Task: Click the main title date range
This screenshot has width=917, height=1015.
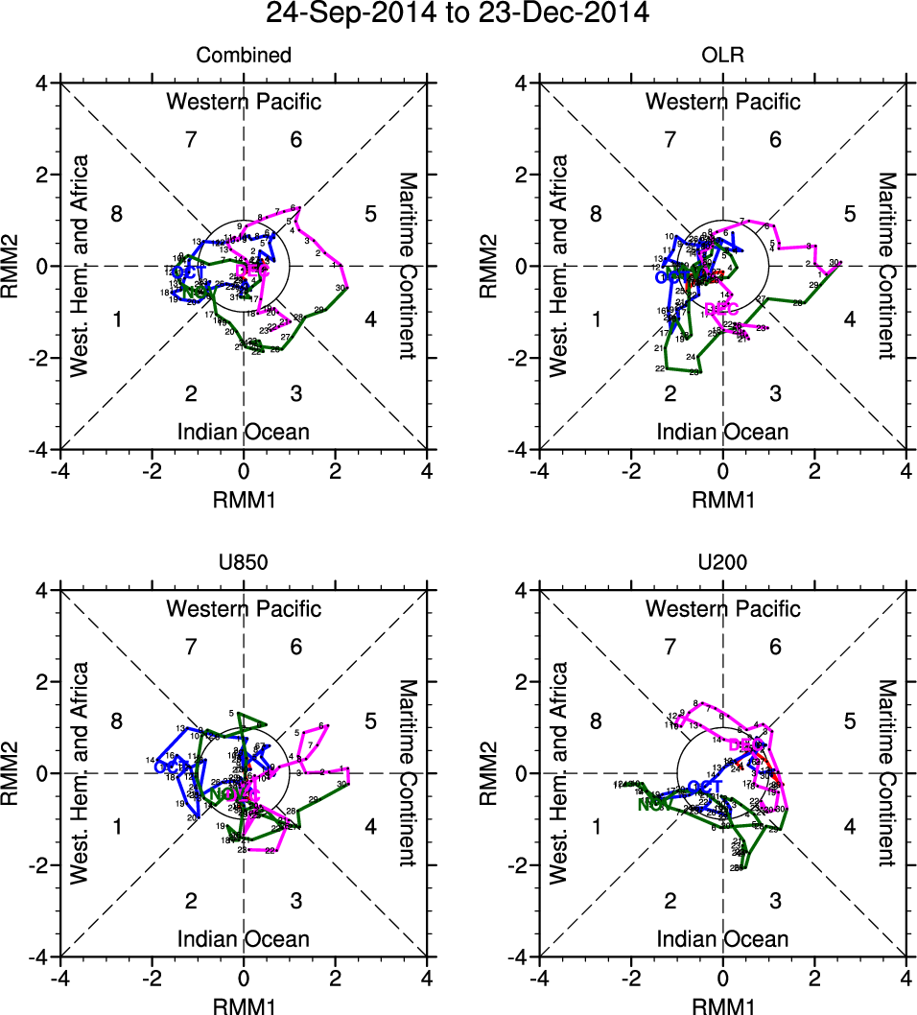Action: coord(458,14)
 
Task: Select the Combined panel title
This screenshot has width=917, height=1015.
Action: coord(244,56)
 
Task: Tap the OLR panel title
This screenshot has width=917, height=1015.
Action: coord(723,56)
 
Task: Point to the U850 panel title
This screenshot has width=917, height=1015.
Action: coord(244,563)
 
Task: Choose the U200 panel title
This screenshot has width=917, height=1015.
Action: coord(723,563)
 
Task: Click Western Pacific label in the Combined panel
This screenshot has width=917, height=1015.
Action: coord(244,102)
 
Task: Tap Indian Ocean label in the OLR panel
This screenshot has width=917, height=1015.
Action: coord(723,432)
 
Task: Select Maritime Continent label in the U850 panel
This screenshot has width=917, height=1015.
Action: coord(406,773)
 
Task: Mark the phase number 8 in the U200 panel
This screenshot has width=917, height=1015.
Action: coord(596,721)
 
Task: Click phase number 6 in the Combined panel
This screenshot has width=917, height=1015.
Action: coord(296,140)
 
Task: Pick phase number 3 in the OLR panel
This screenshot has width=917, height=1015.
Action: coord(775,393)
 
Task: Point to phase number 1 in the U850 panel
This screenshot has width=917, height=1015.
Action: coord(117,827)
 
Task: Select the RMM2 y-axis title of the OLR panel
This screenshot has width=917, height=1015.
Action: coord(500,267)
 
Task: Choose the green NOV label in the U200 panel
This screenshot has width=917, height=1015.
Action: coord(654,805)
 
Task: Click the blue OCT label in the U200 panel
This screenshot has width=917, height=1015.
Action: coord(705,788)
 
